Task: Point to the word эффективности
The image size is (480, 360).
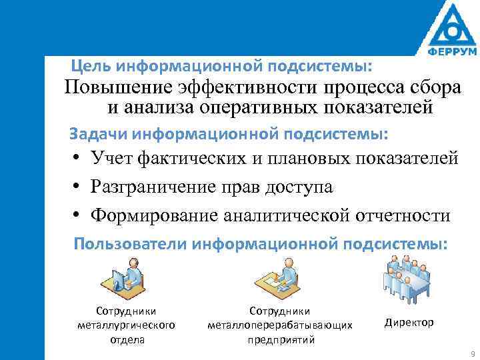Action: [x=247, y=88]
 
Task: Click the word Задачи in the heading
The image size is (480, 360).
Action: [x=99, y=134]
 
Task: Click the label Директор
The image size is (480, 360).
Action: [x=409, y=323]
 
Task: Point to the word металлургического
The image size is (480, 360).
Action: [x=127, y=325]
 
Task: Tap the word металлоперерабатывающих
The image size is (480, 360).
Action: [x=279, y=325]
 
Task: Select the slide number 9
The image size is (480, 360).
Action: [x=472, y=353]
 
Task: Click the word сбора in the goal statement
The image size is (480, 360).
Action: [x=435, y=88]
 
